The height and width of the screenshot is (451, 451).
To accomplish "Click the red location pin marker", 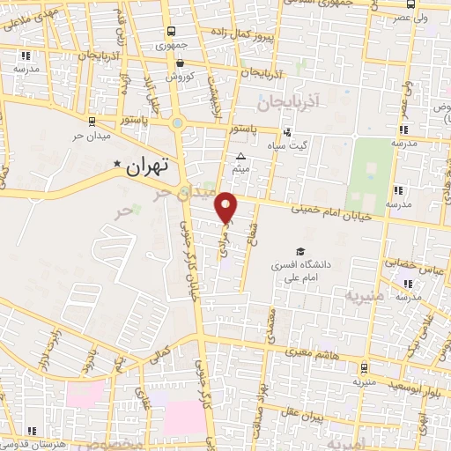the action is click(x=226, y=206).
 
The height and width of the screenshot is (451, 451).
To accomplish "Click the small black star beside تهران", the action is click(x=116, y=164).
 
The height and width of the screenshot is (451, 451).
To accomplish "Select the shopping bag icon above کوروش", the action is click(x=180, y=63).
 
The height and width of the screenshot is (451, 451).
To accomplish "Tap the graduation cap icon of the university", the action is click(x=301, y=251).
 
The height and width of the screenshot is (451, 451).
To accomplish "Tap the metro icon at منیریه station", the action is click(x=364, y=368).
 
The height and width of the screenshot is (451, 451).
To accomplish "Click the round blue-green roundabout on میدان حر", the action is click(x=177, y=123).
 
